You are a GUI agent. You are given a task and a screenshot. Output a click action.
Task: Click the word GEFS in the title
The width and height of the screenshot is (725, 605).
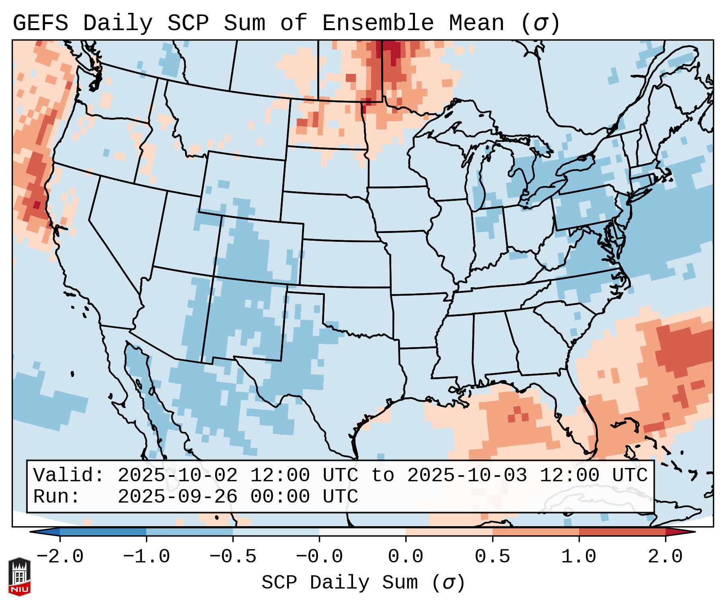[x=40, y=23]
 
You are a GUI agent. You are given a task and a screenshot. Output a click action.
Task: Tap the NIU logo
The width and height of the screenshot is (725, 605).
[x=19, y=576]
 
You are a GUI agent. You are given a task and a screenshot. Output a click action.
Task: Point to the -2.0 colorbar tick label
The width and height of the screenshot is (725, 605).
[x=60, y=557]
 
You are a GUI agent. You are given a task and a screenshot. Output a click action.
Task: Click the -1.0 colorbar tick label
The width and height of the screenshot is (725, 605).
[x=146, y=557]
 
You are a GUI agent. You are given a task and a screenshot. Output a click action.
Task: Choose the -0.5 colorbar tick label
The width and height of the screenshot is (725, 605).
[x=233, y=557]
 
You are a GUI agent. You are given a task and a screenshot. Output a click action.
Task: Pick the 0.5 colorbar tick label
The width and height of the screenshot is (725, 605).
[x=493, y=557]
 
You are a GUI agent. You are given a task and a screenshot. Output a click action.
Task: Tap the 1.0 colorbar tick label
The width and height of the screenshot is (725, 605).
[x=579, y=557]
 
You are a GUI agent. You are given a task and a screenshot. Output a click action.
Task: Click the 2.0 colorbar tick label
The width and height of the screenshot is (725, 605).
[x=665, y=557]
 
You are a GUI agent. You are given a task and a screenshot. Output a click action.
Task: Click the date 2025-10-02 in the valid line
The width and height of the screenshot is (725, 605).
[x=177, y=476]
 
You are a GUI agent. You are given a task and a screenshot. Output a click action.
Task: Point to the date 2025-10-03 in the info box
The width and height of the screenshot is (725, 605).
[x=467, y=476]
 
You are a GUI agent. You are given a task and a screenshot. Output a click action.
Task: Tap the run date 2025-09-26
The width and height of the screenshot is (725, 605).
[x=177, y=497]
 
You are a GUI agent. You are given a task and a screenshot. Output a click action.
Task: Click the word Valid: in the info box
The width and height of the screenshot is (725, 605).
[x=69, y=476]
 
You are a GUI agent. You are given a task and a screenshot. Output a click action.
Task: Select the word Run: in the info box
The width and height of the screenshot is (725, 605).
[x=57, y=497]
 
